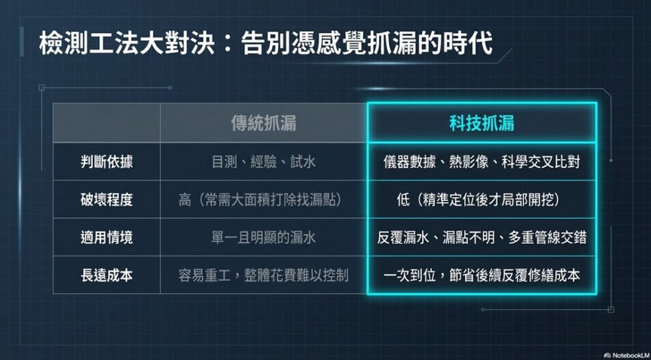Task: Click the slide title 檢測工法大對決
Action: [x=126, y=44]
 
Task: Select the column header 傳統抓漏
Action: [x=264, y=123]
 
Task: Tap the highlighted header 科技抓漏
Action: [x=482, y=123]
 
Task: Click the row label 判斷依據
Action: [x=107, y=162]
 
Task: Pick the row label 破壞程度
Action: [x=107, y=200]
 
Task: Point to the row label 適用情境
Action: [x=107, y=238]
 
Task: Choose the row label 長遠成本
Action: [x=107, y=275]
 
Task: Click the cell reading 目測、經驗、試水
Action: [x=264, y=162]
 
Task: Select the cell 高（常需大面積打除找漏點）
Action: [x=264, y=200]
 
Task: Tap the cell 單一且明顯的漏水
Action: [x=264, y=238]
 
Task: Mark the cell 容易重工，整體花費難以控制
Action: [x=264, y=275]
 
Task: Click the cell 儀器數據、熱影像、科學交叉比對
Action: [x=482, y=162]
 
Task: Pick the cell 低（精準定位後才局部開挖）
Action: [x=482, y=200]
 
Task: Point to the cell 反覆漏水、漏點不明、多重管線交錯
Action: [x=482, y=238]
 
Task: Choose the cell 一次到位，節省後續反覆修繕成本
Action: [x=482, y=275]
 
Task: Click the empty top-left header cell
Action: [x=107, y=123]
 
